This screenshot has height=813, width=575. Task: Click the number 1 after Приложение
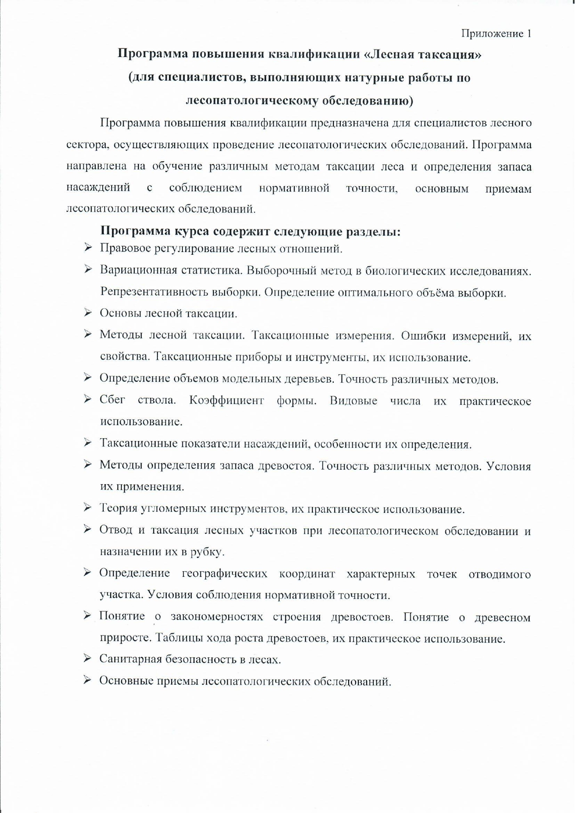[x=528, y=33]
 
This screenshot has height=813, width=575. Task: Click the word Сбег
[x=112, y=400]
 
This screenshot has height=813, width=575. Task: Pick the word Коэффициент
[x=226, y=400]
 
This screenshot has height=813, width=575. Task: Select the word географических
[x=225, y=574]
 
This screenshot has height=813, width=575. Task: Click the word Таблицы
[x=178, y=638]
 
